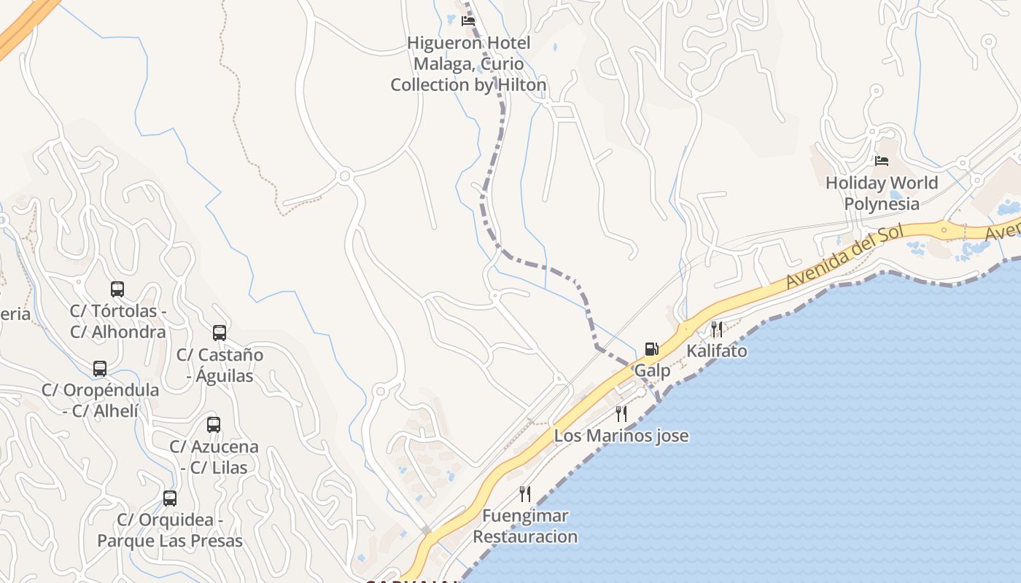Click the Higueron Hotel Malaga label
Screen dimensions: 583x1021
[x=468, y=64]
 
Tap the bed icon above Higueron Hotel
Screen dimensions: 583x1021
[x=468, y=20]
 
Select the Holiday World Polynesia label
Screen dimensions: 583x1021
[x=881, y=193]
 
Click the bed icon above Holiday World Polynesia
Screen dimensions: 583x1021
[x=882, y=160]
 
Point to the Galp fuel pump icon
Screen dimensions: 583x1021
[x=651, y=349]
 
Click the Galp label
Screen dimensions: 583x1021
[x=652, y=370]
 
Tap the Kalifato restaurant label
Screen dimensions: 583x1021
[x=717, y=351]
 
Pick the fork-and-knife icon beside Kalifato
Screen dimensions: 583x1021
[x=717, y=329]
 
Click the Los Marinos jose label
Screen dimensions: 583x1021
[x=621, y=436]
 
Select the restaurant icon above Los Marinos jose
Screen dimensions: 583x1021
[x=621, y=414]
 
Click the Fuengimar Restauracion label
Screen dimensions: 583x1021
[x=525, y=526]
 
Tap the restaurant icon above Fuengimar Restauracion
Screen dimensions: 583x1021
[x=525, y=494]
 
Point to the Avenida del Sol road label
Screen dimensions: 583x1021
[x=844, y=257]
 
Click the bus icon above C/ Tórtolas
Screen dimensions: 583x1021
[x=117, y=289]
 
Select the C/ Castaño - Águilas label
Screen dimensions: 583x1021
[x=220, y=365]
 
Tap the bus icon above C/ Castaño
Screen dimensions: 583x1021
[x=220, y=333]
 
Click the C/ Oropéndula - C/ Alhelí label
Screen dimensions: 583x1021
[x=100, y=400]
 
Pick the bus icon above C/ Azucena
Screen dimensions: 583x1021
[x=214, y=425]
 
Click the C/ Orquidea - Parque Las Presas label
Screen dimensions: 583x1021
[x=170, y=530]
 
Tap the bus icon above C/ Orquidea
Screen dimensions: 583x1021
[x=170, y=498]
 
